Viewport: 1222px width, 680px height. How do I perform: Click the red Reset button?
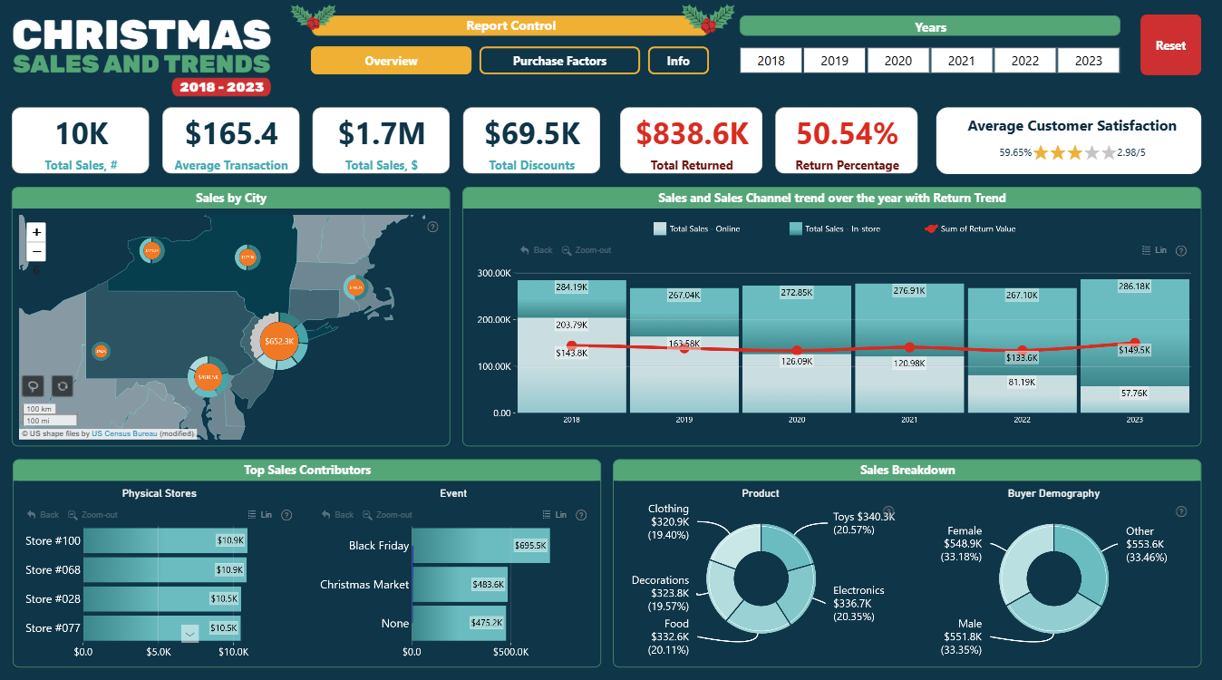coord(1169,45)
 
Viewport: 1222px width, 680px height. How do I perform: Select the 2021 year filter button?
coord(961,61)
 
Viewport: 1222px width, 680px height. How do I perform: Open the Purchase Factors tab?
coord(559,61)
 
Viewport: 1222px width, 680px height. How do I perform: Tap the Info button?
coord(678,61)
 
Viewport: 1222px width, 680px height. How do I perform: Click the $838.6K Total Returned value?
coord(692,133)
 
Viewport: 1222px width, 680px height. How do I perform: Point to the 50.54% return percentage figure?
coord(846,133)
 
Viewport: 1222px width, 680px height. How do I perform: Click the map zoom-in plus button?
coord(36,232)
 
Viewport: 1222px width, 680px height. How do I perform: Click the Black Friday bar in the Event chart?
coord(480,546)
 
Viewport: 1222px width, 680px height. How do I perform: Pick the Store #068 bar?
coord(164,570)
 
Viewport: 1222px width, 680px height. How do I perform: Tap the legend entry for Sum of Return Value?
coord(977,228)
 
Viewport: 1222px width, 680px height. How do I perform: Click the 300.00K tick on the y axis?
coord(494,273)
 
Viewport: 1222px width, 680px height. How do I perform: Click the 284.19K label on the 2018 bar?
coord(571,287)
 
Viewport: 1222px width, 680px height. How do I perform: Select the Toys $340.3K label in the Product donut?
coord(863,523)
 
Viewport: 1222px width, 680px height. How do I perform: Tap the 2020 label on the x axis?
coord(797,420)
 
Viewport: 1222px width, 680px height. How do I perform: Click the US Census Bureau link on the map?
coord(124,433)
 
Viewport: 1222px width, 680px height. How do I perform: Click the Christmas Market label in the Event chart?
coord(364,585)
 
